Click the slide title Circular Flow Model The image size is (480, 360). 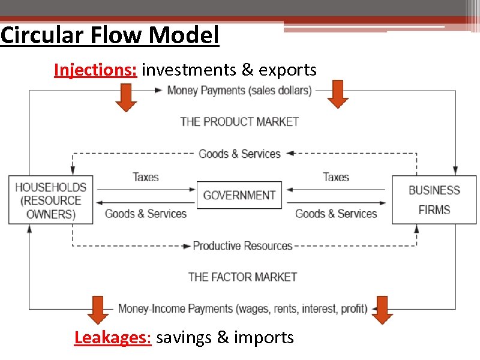110,35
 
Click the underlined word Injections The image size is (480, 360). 95,70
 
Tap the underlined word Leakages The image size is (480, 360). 112,337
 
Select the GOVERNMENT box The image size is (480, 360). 239,195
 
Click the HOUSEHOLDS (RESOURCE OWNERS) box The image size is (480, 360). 50,200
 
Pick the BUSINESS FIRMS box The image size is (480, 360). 434,200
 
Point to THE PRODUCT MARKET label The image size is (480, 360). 239,122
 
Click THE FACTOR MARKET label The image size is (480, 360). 242,277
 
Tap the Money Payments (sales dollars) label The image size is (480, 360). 239,91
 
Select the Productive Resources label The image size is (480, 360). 242,246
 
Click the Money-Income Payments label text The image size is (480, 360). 242,309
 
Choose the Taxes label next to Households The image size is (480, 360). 145,177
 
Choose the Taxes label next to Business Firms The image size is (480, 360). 335,177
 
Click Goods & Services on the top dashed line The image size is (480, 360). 239,154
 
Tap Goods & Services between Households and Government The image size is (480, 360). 146,214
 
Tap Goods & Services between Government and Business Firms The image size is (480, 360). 335,214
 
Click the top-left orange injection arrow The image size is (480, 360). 125,97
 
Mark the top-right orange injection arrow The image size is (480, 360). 338,94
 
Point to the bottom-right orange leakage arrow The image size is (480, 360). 382,309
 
